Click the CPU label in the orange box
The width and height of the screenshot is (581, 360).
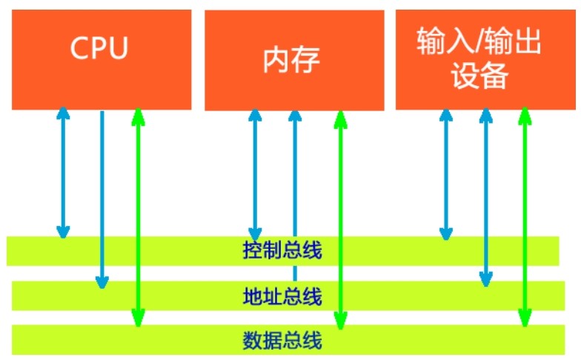click(x=99, y=49)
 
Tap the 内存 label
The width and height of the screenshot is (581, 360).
click(x=291, y=61)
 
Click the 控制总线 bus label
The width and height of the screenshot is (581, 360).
click(x=282, y=250)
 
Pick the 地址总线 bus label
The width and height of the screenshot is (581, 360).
click(x=282, y=296)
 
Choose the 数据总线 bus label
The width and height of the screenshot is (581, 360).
click(x=282, y=341)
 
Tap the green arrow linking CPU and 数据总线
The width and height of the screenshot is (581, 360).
click(x=138, y=215)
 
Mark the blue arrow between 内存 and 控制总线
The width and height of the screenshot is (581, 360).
click(x=256, y=174)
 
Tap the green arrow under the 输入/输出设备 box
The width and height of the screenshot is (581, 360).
click(x=525, y=215)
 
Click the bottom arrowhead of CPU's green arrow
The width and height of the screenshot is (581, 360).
click(x=138, y=319)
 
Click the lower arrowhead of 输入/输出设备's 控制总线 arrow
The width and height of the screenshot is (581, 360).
click(x=446, y=233)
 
